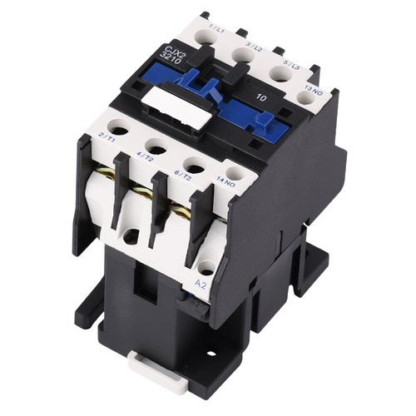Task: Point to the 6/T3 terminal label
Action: (185, 172)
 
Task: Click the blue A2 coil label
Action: (201, 284)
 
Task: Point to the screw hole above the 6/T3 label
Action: (193, 166)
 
